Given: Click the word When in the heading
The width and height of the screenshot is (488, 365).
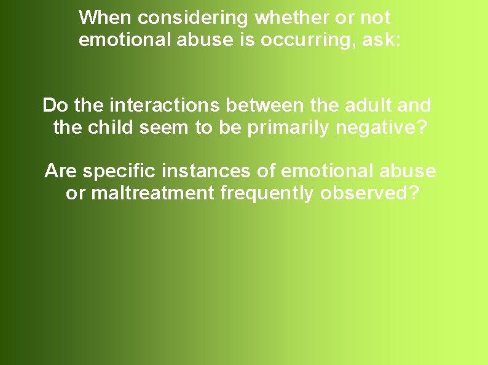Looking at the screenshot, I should (106, 18).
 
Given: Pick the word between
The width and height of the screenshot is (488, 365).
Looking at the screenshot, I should (265, 106).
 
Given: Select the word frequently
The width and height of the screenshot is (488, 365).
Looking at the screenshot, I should (267, 193).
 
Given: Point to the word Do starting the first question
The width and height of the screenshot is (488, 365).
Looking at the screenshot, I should (55, 106).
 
